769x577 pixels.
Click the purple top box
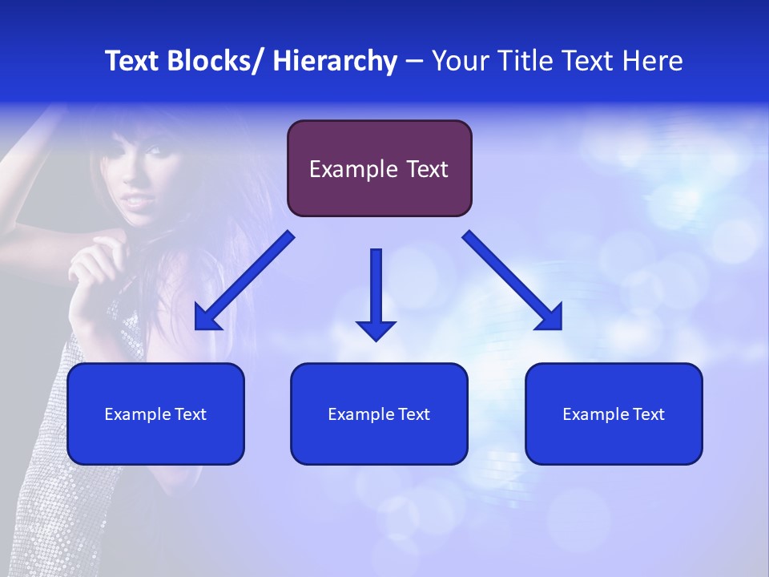pyautogui.click(x=379, y=168)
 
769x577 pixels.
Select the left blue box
pyautogui.click(x=155, y=414)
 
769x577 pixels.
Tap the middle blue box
pyautogui.click(x=379, y=414)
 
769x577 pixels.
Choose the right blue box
pyautogui.click(x=614, y=414)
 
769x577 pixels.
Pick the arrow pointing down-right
pyautogui.click(x=513, y=281)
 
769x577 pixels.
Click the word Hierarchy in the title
pyautogui.click(x=335, y=61)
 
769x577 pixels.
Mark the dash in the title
pyautogui.click(x=414, y=61)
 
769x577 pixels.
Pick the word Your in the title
pyautogui.click(x=457, y=61)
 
